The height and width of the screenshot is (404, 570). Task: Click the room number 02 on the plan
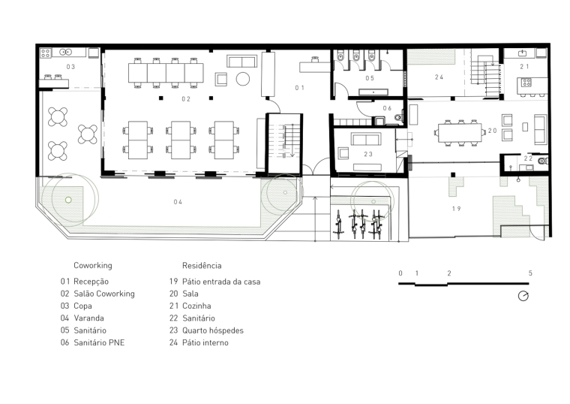pos(186,99)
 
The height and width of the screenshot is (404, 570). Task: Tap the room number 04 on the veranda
pos(178,202)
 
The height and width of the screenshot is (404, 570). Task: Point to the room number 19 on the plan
pos(457,209)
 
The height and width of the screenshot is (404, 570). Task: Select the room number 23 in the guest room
pos(368,155)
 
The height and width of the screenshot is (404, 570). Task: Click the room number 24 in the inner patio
pos(439,77)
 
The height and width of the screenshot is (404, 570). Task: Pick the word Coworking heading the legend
pos(93,265)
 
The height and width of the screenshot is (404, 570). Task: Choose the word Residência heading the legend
pos(202,265)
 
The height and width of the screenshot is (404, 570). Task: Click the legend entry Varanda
pos(88,318)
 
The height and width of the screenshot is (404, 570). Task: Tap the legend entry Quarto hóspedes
pos(213,330)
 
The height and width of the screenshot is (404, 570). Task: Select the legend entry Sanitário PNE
pos(99,342)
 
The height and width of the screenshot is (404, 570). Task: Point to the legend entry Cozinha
pos(196,306)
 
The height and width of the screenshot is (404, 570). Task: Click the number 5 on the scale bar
pos(530,273)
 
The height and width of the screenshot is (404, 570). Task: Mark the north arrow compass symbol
pos(523,297)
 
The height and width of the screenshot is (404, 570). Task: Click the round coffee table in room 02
pos(243,79)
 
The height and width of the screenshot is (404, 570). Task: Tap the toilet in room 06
pos(399,118)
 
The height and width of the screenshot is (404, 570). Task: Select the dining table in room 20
pos(460,133)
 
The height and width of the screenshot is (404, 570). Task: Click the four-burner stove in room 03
pos(46,53)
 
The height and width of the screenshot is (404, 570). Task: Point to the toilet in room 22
pos(543,161)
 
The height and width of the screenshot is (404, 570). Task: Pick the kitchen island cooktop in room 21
pos(526,83)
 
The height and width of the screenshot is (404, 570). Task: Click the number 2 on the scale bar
pos(449,273)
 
